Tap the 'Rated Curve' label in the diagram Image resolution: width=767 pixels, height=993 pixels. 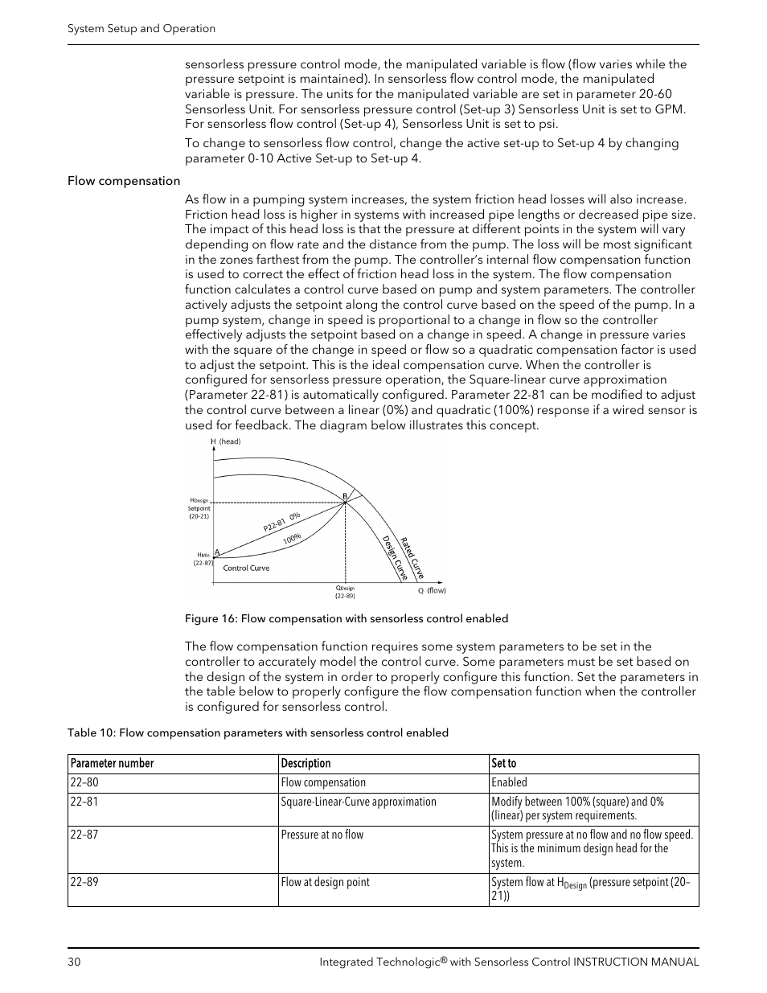412,557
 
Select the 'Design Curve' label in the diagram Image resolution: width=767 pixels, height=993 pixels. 394,558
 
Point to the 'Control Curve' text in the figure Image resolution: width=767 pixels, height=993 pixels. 246,568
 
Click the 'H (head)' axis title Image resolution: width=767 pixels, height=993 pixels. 226,441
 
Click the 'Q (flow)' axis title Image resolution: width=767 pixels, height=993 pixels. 432,590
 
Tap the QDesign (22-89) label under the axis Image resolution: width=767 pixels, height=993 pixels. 345,592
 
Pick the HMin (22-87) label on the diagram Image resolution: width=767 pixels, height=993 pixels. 203,559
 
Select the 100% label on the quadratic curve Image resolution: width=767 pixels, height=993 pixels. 292,539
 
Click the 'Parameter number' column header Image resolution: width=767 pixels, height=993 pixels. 112,764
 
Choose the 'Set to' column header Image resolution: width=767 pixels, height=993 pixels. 504,764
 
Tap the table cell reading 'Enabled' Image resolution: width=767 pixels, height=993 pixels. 509,782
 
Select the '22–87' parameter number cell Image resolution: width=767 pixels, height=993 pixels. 84,835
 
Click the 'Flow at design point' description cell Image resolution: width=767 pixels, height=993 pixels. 325,882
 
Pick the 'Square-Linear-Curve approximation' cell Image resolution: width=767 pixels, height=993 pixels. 359,802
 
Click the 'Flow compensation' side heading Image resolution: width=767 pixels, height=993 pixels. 124,181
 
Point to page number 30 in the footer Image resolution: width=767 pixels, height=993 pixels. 74,962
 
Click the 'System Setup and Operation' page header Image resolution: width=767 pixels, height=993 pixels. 142,28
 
